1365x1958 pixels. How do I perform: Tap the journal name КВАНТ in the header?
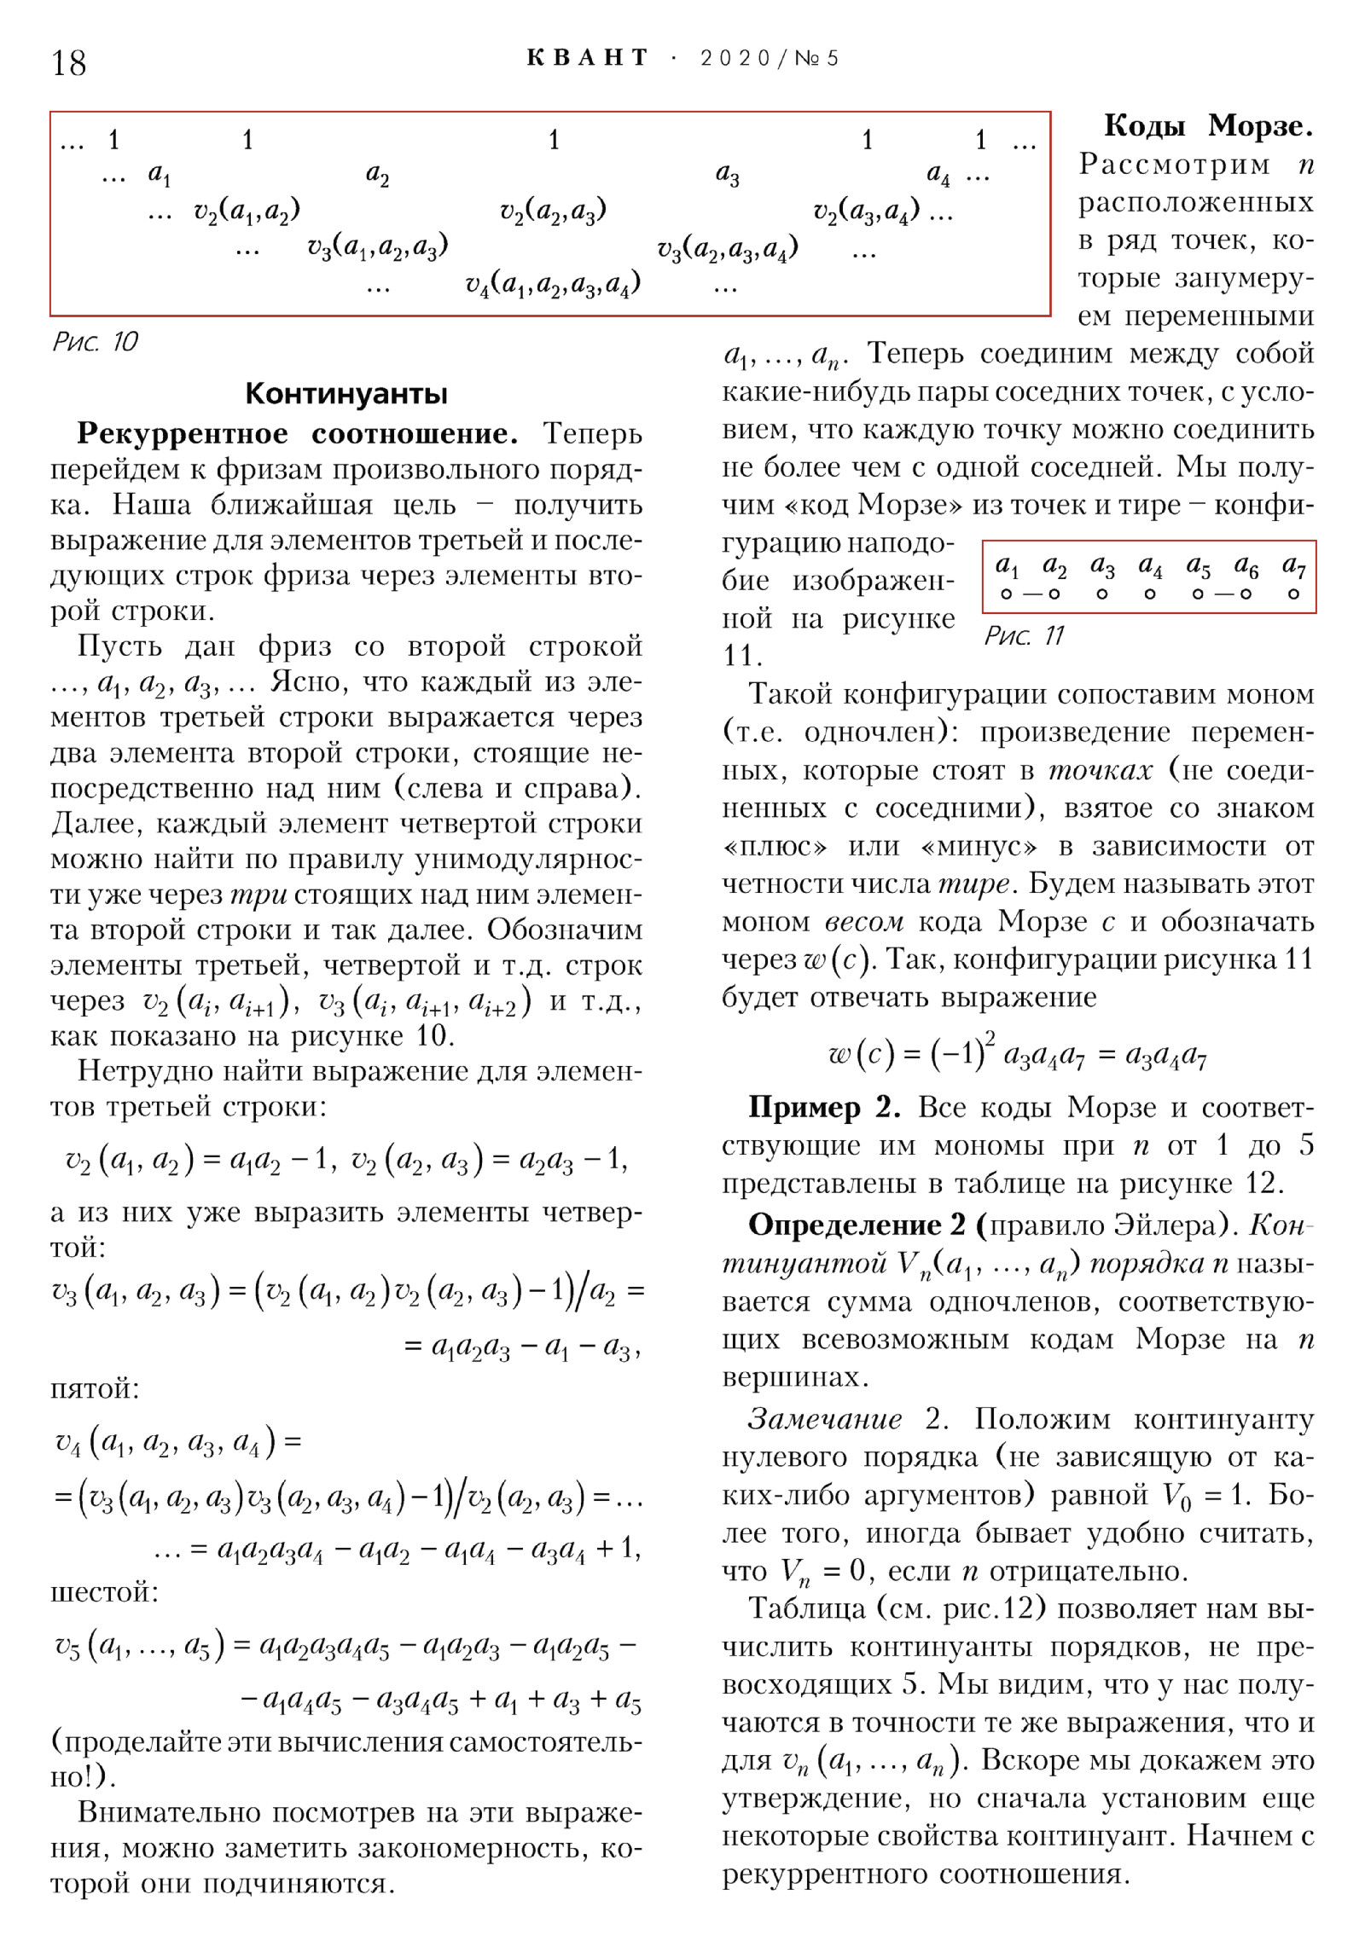pos(588,58)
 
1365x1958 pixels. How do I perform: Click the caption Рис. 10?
pos(95,342)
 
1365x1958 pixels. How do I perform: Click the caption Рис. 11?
pos(1024,635)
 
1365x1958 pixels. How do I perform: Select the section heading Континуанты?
pos(346,393)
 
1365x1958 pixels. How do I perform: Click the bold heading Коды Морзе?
pos(1208,126)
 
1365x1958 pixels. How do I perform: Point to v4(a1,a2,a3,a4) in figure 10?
pos(553,284)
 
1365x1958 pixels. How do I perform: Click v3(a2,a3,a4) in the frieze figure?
pos(727,248)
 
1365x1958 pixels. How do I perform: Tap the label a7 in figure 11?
pos(1293,566)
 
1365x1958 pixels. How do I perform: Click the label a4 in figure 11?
pos(1150,566)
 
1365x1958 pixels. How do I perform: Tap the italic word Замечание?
pos(824,1418)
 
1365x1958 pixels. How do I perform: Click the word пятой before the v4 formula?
pos(95,1388)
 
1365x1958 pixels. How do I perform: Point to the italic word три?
pos(258,895)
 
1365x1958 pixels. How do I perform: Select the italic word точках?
pos(1100,770)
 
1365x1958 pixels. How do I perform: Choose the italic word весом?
pos(863,922)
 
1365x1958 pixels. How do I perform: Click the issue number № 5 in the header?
pos(816,58)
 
